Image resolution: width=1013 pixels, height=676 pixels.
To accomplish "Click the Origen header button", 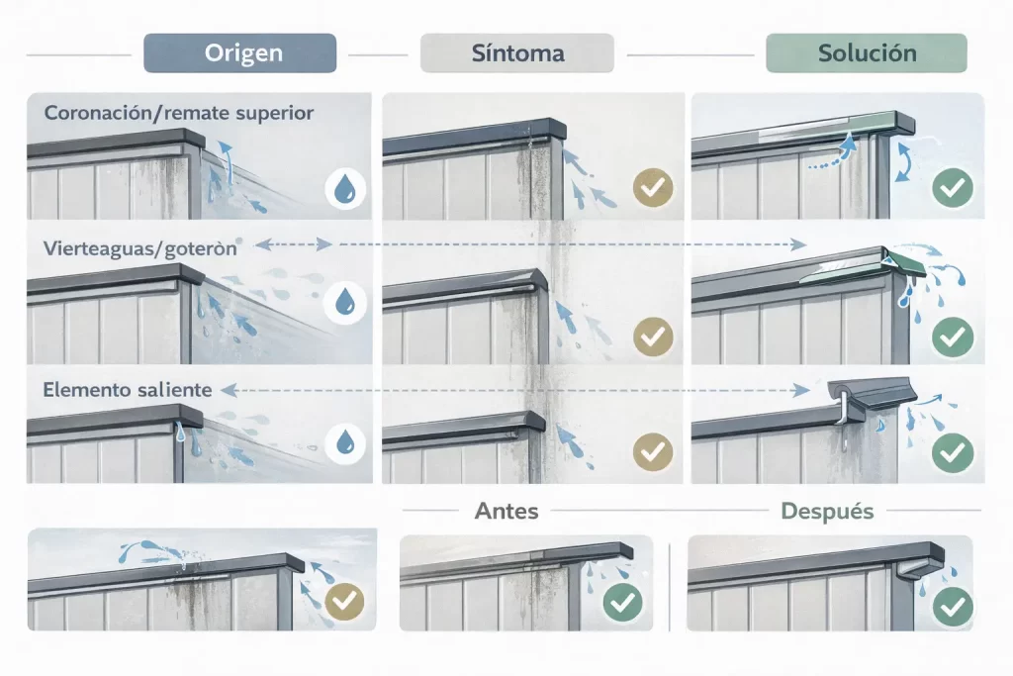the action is pyautogui.click(x=239, y=53).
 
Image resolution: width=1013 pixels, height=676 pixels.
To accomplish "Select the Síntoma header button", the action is pyautogui.click(x=516, y=53).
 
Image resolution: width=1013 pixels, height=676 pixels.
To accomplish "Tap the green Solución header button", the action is pyautogui.click(x=867, y=53).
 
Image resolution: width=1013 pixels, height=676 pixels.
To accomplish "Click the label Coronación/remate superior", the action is pyautogui.click(x=179, y=113).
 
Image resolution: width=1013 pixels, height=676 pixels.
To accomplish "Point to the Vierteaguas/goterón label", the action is pyautogui.click(x=140, y=248).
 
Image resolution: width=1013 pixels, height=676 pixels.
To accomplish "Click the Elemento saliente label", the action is pyautogui.click(x=128, y=390).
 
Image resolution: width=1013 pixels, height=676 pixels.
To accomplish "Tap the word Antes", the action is pyautogui.click(x=506, y=511).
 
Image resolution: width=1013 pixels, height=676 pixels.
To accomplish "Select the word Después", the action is pyautogui.click(x=827, y=511).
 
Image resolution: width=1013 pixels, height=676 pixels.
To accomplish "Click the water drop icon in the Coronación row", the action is pyautogui.click(x=345, y=189).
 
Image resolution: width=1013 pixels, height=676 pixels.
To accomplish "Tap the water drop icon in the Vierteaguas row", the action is pyautogui.click(x=345, y=303).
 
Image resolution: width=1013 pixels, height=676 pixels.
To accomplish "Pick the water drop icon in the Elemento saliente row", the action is pyautogui.click(x=345, y=443).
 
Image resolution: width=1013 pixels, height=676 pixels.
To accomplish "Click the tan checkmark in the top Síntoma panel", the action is pyautogui.click(x=653, y=187).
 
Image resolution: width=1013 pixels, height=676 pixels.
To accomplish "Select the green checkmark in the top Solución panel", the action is pyautogui.click(x=953, y=187).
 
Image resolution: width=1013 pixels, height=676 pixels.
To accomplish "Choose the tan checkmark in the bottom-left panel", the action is pyautogui.click(x=344, y=602).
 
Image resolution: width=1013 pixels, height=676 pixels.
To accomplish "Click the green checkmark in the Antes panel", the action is pyautogui.click(x=622, y=603).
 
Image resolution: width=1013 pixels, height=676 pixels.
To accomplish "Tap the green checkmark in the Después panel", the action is pyautogui.click(x=953, y=607).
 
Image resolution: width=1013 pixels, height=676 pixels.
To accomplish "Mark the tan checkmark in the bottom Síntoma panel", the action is pyautogui.click(x=653, y=451).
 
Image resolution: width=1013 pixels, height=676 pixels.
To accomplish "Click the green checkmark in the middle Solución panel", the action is pyautogui.click(x=953, y=337).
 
